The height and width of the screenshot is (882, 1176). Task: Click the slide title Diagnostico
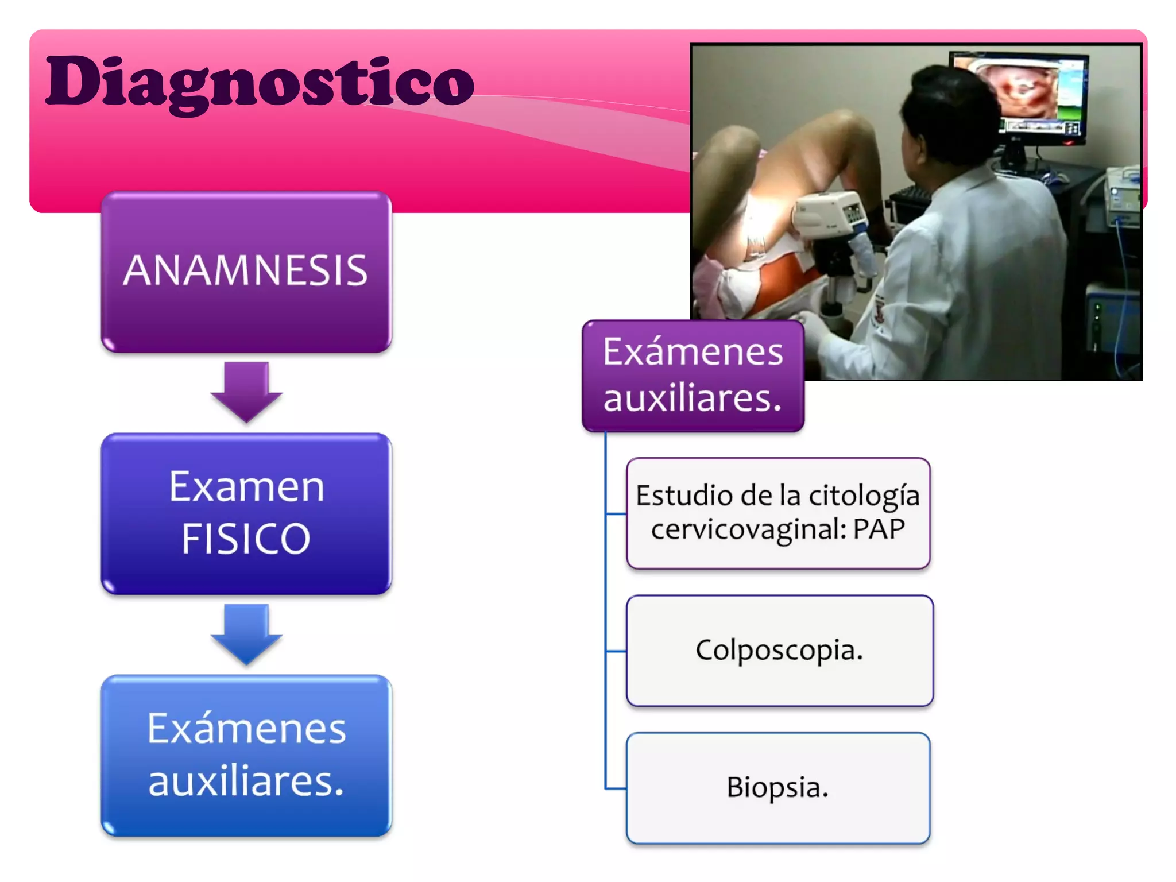(260, 82)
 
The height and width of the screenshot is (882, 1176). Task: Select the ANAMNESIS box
(246, 271)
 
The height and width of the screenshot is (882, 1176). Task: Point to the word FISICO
(246, 539)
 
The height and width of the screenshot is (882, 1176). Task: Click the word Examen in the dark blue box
(246, 487)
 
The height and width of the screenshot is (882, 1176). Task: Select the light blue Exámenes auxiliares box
(246, 755)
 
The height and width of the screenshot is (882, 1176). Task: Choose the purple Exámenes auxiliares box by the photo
(693, 376)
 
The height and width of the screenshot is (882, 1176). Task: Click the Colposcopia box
(779, 651)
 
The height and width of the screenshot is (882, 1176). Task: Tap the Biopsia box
(777, 788)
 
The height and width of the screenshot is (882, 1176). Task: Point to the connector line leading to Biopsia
(616, 788)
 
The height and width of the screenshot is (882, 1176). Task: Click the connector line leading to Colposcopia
(616, 651)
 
